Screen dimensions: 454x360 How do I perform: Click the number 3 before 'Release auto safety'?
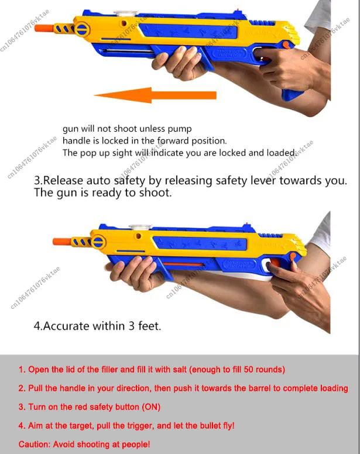click(x=37, y=180)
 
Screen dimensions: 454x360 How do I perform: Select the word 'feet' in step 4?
click(x=148, y=326)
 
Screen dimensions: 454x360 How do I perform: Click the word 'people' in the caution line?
click(x=134, y=444)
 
